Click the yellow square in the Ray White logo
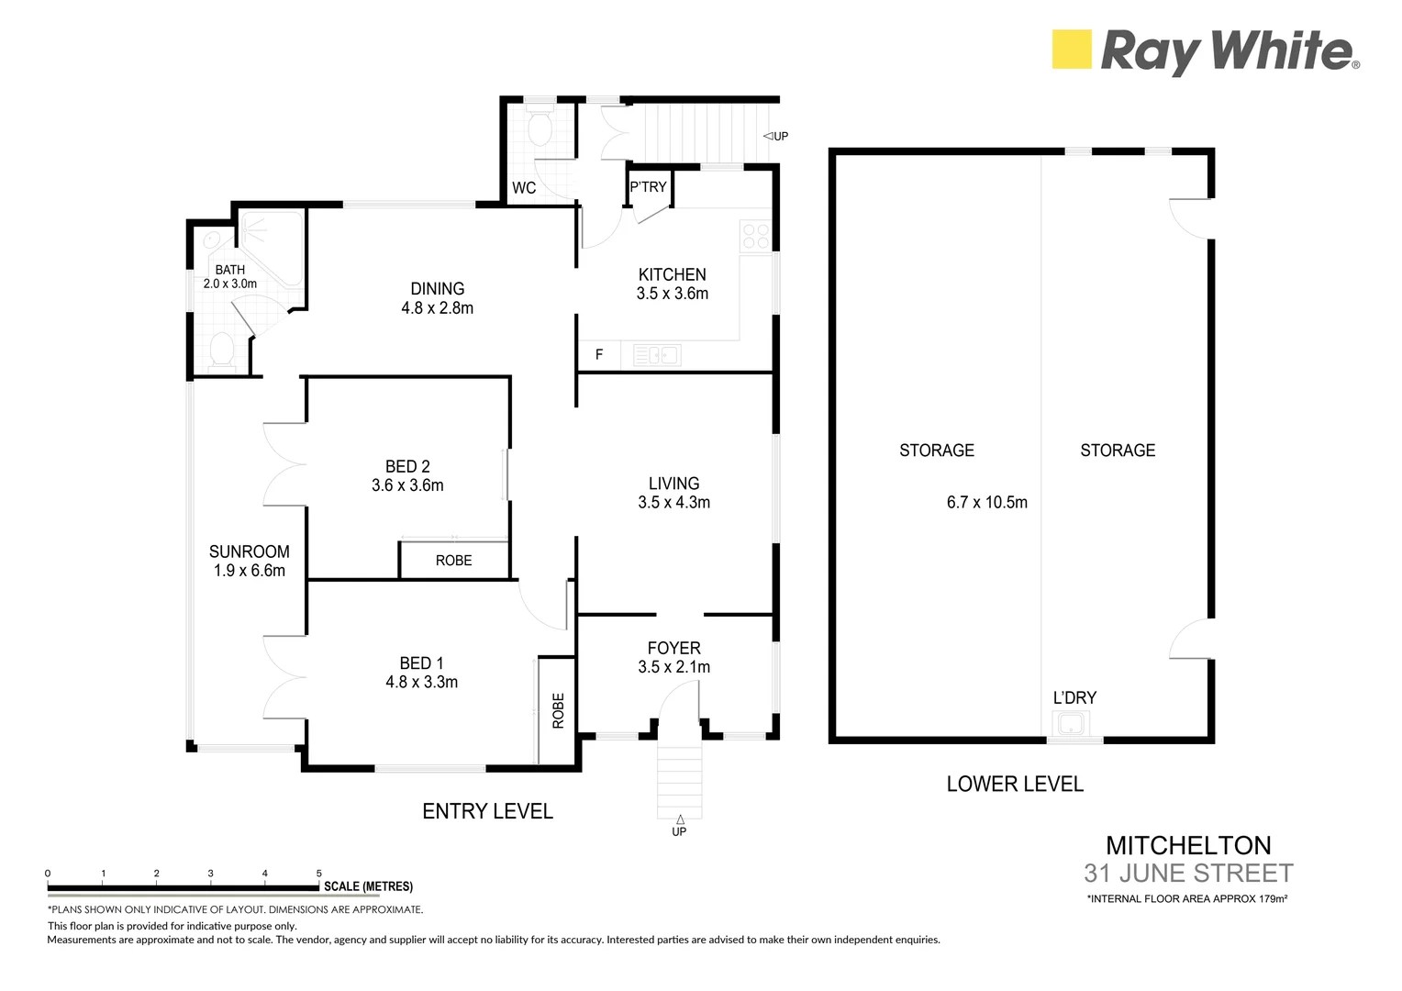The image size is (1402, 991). click(1072, 49)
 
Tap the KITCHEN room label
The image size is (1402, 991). click(673, 275)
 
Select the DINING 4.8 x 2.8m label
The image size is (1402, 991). click(437, 298)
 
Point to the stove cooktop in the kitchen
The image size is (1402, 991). click(755, 236)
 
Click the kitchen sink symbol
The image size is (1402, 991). click(657, 356)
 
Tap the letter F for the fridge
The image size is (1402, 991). click(599, 355)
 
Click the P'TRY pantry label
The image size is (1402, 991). click(648, 187)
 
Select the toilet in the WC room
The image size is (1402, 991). click(540, 127)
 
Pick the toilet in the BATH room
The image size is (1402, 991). click(221, 350)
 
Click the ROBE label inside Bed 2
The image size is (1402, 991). click(454, 561)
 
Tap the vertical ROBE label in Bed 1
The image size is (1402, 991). click(558, 710)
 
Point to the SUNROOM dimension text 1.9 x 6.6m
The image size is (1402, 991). click(249, 571)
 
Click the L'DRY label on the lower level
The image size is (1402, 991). click(1074, 697)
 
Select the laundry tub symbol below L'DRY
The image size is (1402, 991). click(1071, 724)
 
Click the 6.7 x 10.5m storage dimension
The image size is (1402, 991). click(987, 503)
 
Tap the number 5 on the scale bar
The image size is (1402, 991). click(319, 874)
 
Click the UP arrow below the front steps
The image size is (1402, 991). click(680, 819)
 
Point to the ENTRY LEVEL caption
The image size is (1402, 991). click(487, 811)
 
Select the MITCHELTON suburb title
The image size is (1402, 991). click(1188, 846)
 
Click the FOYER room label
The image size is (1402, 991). click(674, 648)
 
